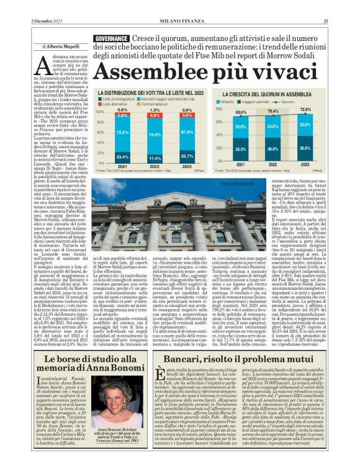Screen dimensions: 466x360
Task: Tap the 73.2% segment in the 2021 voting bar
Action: [x=122, y=132]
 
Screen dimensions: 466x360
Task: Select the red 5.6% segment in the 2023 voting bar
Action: [x=187, y=115]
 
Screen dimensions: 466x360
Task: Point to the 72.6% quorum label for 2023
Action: [x=323, y=109]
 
